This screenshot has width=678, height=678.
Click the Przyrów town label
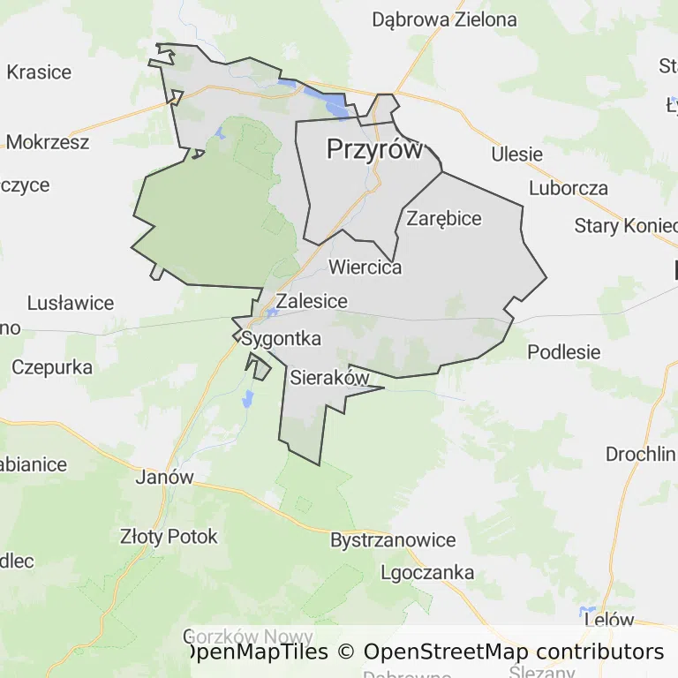click(375, 149)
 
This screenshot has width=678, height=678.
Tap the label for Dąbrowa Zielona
click(444, 19)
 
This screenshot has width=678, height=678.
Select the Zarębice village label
click(444, 218)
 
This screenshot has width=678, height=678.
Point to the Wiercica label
click(365, 267)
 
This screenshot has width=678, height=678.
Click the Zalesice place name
click(312, 301)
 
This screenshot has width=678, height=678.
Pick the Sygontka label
click(281, 338)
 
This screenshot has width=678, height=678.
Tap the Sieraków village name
click(328, 378)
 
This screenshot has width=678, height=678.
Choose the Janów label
click(164, 477)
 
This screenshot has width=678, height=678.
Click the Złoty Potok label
click(168, 536)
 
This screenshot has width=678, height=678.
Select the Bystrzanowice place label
click(393, 539)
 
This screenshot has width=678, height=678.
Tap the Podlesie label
click(563, 351)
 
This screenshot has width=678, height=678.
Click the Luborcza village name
click(569, 188)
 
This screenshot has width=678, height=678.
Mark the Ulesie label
click(517, 154)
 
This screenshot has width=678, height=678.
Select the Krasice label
click(39, 72)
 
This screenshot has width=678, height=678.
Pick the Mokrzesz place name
click(48, 141)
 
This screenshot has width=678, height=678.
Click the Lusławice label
click(71, 303)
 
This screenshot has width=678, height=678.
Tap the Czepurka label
click(53, 366)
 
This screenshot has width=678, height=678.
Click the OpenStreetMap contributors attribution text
click(514, 652)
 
